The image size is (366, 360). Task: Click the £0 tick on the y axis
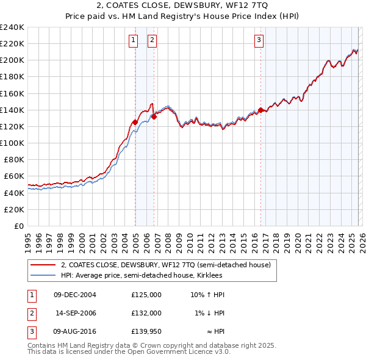pyautogui.click(x=20, y=226)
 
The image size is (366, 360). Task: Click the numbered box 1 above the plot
pyautogui.click(x=133, y=40)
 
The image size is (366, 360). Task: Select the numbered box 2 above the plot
pyautogui.click(x=152, y=40)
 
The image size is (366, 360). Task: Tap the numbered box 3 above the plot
pyautogui.click(x=259, y=40)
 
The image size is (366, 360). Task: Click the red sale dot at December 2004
pyautogui.click(x=135, y=122)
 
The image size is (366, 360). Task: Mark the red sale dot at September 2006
pyautogui.click(x=154, y=117)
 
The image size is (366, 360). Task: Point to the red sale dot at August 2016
pyautogui.click(x=260, y=110)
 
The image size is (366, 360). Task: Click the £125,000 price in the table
pyautogui.click(x=146, y=294)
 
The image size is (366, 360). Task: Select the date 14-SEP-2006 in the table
pyautogui.click(x=76, y=312)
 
